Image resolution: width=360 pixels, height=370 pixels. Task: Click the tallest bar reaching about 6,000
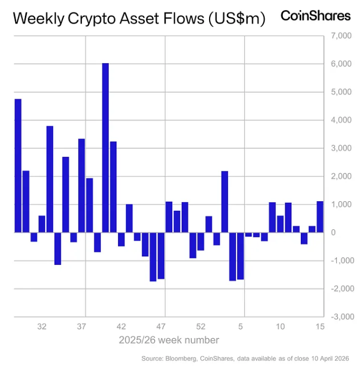point(106,148)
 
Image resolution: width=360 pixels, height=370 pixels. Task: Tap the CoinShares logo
point(315,16)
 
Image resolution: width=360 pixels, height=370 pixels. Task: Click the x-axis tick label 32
point(42,327)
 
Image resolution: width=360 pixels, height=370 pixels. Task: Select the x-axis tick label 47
point(161,327)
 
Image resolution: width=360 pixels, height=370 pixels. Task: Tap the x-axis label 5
point(241,327)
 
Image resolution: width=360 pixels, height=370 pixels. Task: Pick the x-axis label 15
point(320,327)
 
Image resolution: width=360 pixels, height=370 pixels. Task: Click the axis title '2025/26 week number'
point(169,340)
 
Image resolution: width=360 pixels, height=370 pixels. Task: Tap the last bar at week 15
point(320,217)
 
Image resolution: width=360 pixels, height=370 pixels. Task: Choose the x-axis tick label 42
point(121,327)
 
